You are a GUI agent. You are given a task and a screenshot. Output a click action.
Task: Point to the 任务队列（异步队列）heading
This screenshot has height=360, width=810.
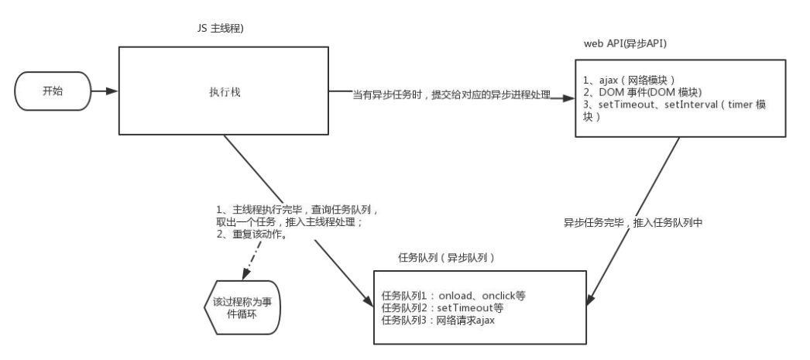(x=444, y=256)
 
